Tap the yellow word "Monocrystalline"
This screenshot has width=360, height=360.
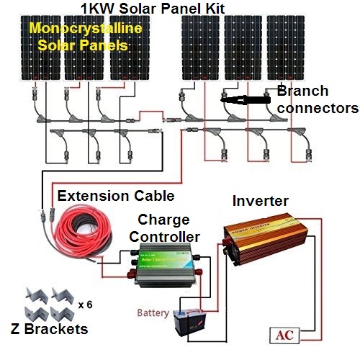[x=85, y=30]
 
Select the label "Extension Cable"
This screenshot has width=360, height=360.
[x=116, y=196]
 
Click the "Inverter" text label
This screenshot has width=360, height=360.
[x=261, y=201]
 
